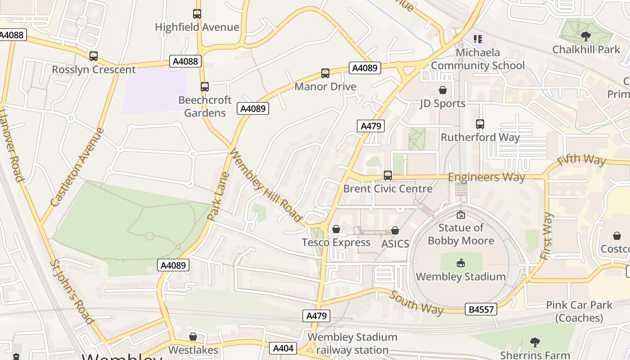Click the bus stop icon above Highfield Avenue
pos(197,14)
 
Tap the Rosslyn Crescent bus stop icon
pos(94,56)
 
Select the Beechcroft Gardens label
pos(205,106)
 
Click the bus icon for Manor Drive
pos(325,73)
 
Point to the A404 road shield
pos(283,348)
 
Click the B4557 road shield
pos(481,309)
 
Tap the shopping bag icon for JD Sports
pos(443,90)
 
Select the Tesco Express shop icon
pos(336,229)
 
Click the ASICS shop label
pos(395,243)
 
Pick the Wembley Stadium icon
pos(460,263)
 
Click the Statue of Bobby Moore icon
pos(460,215)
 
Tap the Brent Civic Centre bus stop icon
pos(387,175)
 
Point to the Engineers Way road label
pos(486,177)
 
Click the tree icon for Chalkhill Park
pos(586,36)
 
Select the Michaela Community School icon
pos(477,39)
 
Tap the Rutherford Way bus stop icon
pos(480,124)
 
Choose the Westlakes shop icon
pos(193,336)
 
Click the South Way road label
pos(417,303)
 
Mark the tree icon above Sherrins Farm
pos(535,342)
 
